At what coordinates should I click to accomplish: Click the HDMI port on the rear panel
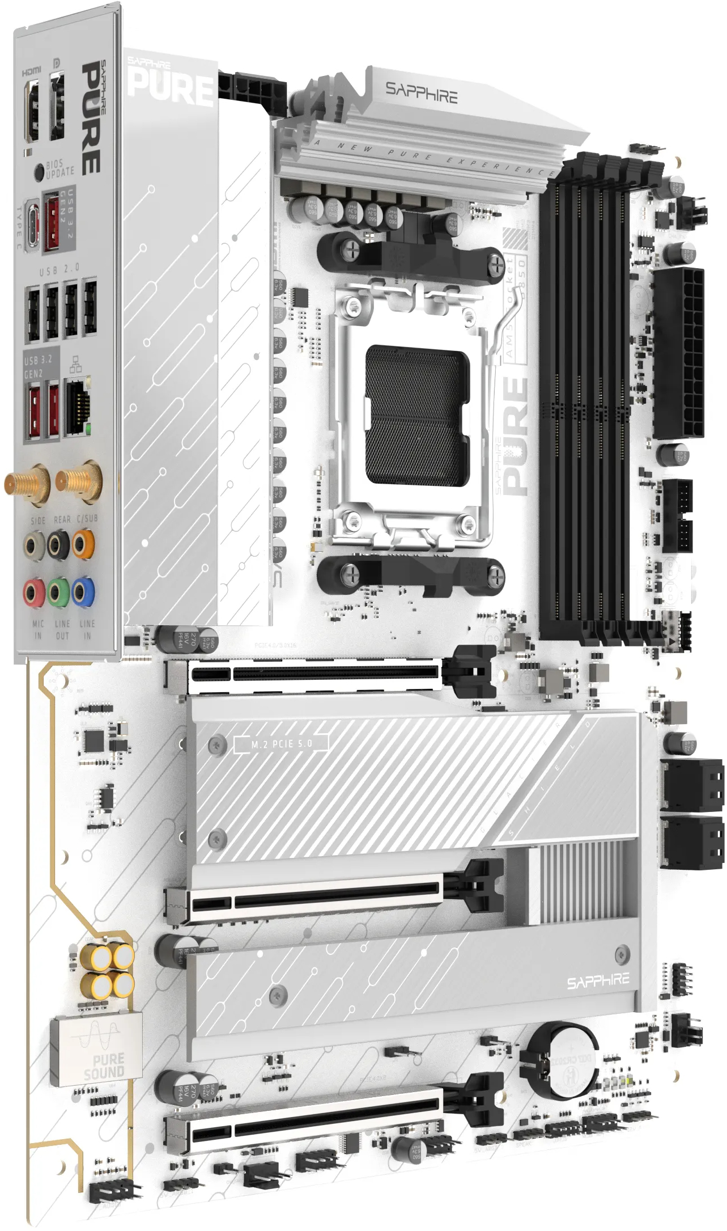(32, 111)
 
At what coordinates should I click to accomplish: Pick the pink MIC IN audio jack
(34, 593)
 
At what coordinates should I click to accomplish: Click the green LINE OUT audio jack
(58, 593)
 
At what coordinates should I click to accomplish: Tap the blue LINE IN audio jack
(83, 592)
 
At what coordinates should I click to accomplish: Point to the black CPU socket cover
(418, 416)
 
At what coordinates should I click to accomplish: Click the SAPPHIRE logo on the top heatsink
(421, 92)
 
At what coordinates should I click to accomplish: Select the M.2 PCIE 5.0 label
(282, 743)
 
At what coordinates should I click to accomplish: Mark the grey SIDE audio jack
(34, 546)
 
